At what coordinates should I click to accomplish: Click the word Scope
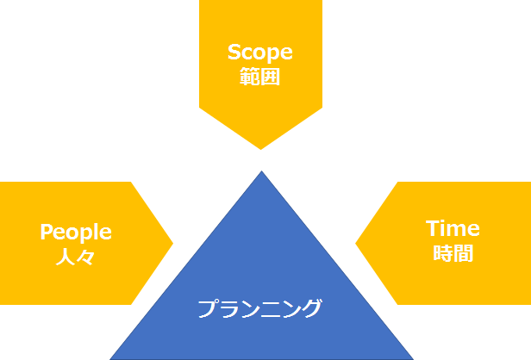(260, 53)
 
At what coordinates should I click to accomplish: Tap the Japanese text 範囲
(260, 77)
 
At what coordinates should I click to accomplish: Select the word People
(76, 233)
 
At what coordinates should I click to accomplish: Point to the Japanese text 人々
(75, 257)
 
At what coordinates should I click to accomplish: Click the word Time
(453, 228)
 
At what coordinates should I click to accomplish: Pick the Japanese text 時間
(453, 253)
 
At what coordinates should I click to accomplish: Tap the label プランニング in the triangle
(259, 308)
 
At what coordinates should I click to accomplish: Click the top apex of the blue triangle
(261, 171)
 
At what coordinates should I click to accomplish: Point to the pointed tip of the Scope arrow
(260, 149)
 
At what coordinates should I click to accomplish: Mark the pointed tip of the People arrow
(172, 243)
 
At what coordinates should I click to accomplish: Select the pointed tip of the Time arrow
(355, 243)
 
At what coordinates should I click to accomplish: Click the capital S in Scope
(234, 52)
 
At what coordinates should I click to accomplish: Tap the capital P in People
(47, 232)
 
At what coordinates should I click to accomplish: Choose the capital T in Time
(433, 228)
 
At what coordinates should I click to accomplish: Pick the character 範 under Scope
(250, 77)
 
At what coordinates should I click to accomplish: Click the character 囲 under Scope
(271, 77)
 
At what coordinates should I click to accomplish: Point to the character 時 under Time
(443, 253)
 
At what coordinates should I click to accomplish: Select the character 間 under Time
(463, 253)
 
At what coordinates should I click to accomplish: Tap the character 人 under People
(66, 257)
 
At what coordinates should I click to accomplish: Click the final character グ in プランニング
(312, 308)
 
